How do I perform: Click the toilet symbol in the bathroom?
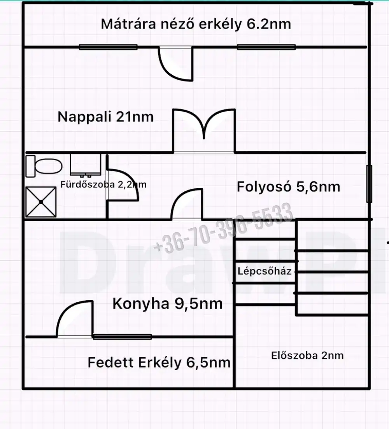44,166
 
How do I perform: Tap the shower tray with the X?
41,202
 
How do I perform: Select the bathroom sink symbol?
86,165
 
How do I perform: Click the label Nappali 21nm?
105,117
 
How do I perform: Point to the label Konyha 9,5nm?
167,304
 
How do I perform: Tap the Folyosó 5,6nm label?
288,187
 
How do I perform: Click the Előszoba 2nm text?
307,355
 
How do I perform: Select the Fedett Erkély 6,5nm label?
159,362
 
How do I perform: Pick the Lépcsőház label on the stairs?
265,271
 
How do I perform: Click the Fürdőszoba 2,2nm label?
103,184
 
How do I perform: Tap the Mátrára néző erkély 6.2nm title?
196,24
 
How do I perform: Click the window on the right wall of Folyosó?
369,184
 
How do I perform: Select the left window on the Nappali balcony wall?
108,47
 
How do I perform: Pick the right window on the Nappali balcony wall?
266,47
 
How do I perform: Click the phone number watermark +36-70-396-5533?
223,228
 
